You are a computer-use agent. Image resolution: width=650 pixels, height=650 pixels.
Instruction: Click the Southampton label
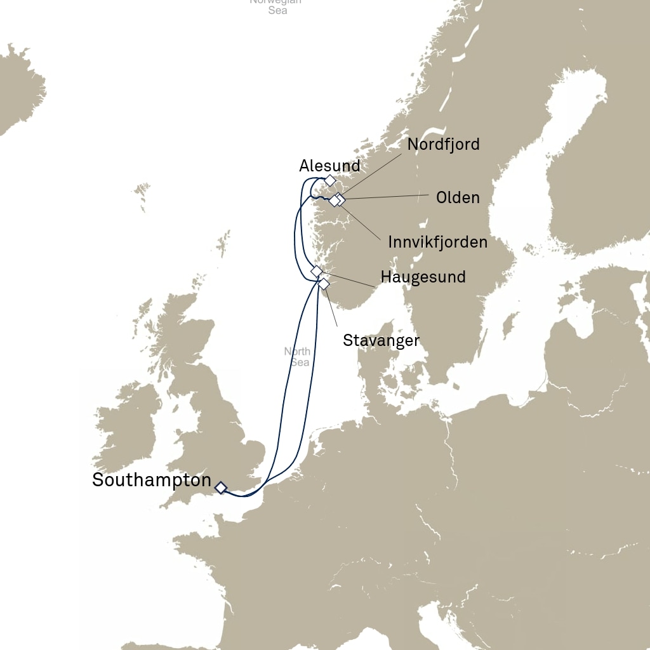click(x=151, y=480)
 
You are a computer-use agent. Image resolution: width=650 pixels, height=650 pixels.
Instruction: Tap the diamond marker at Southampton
click(x=220, y=487)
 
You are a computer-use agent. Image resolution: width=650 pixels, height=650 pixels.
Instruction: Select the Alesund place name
click(x=329, y=166)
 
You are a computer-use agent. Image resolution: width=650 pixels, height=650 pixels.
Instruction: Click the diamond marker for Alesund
click(x=329, y=180)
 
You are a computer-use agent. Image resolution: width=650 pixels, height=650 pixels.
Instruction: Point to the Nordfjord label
click(x=443, y=144)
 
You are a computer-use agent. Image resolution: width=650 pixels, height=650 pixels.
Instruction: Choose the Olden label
click(x=458, y=197)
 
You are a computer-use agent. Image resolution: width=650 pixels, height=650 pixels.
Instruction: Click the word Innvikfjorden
click(x=437, y=242)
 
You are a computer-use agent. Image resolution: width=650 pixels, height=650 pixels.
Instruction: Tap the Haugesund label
click(x=423, y=277)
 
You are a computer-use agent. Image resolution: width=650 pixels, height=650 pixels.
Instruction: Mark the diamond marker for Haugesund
click(x=317, y=271)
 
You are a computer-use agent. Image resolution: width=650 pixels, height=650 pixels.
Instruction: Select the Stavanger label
click(x=381, y=340)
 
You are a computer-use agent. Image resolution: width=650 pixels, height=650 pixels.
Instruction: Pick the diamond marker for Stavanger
click(x=324, y=284)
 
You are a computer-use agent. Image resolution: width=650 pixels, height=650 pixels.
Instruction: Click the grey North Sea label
click(x=297, y=357)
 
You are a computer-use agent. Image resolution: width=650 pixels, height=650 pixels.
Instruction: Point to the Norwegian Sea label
click(x=275, y=6)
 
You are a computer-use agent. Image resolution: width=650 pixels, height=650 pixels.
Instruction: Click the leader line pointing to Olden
click(x=387, y=197)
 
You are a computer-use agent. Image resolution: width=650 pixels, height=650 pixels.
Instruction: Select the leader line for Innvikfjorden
click(x=362, y=222)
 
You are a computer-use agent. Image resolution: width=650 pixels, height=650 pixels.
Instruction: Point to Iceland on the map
click(x=19, y=89)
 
